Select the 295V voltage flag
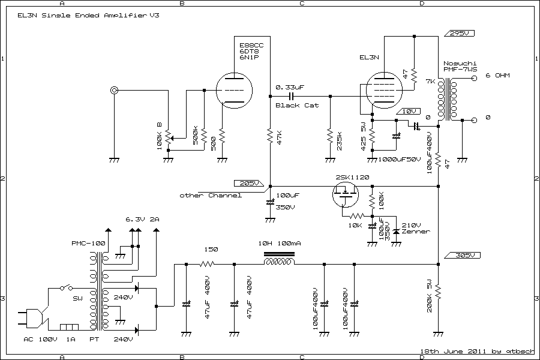[x=459, y=33]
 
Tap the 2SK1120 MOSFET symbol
[x=345, y=194]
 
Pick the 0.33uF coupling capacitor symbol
[x=291, y=96]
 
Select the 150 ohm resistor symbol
[x=209, y=264]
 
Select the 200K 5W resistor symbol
[x=439, y=292]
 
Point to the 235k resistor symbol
[x=329, y=137]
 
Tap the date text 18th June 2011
[x=444, y=350]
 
